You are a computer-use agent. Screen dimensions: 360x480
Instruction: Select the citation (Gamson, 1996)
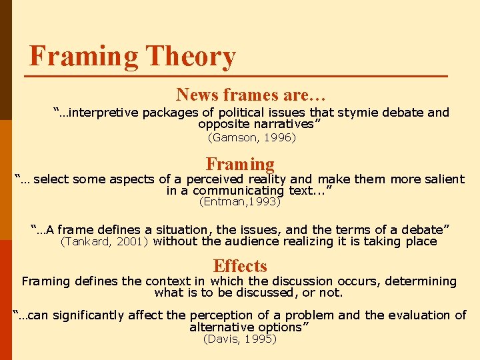[x=252, y=138]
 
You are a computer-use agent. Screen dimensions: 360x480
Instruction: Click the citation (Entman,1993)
[x=241, y=201]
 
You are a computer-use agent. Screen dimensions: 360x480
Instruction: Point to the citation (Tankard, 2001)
[x=105, y=242]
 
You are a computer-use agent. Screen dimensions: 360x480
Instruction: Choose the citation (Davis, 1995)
[x=239, y=339]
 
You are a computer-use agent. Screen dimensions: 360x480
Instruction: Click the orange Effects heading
[x=240, y=267]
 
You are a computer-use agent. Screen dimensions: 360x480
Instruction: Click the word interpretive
[x=101, y=113]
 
